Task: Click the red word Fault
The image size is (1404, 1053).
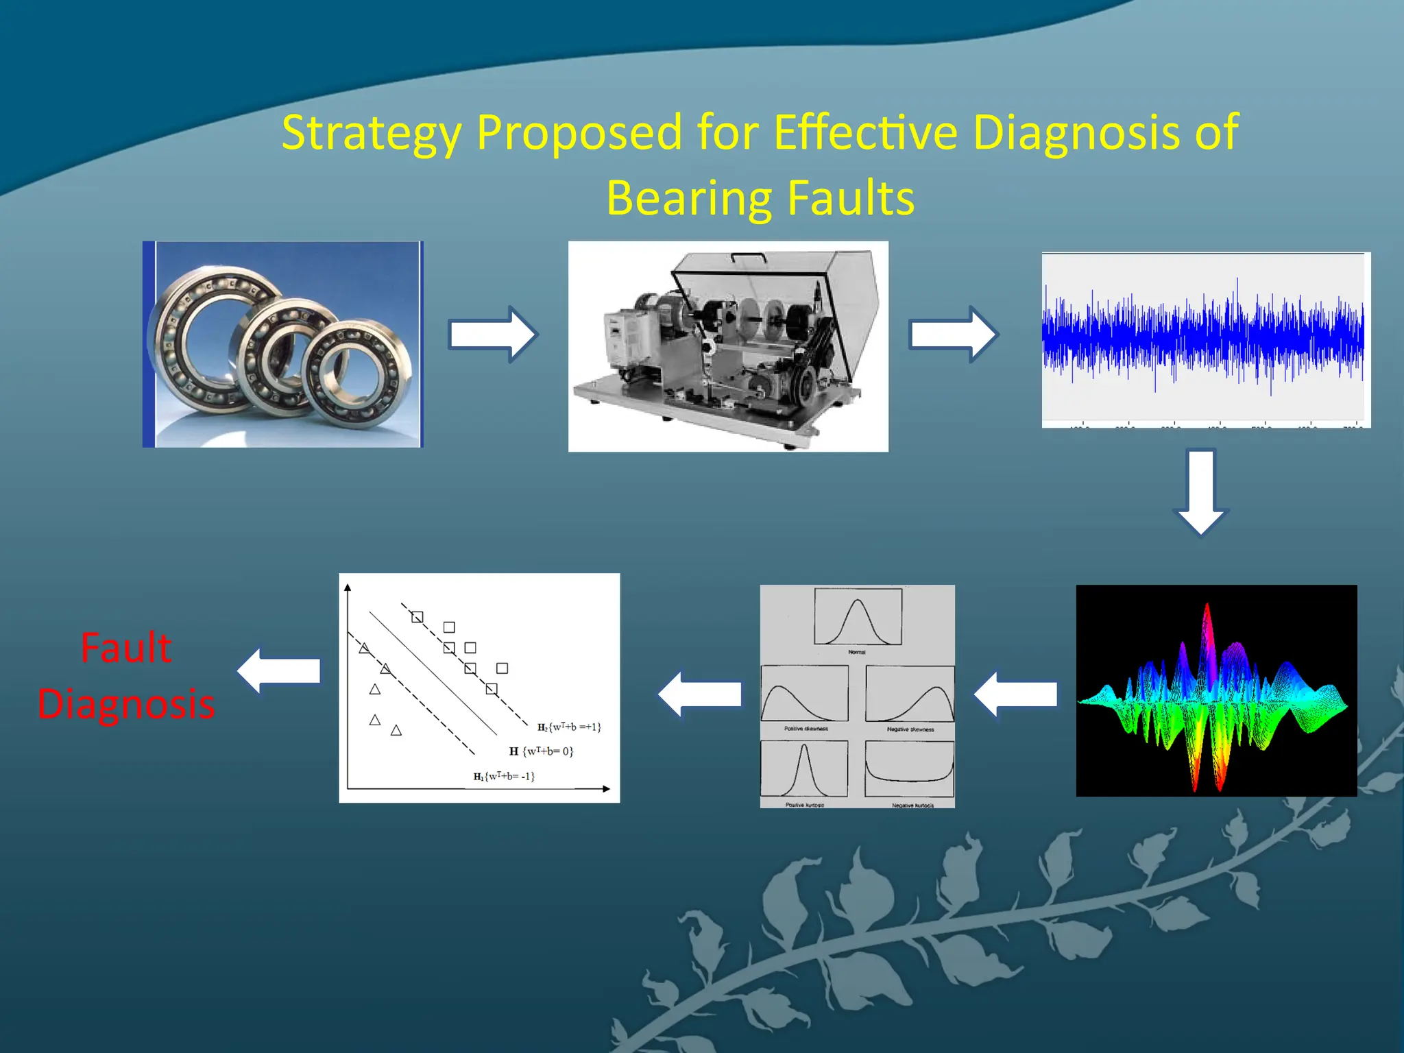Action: [x=125, y=648]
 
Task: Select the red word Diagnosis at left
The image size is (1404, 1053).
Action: [x=126, y=704]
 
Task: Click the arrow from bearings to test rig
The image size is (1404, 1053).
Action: [x=492, y=335]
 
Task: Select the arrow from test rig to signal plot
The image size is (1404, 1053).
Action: [x=953, y=335]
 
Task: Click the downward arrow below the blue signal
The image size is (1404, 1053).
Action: [x=1200, y=492]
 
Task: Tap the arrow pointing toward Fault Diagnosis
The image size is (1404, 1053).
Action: [x=279, y=671]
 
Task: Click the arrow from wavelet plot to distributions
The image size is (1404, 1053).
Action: [x=1015, y=694]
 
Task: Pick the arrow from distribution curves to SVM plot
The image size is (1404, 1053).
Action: [x=700, y=694]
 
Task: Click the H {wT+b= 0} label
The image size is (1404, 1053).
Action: [x=541, y=751]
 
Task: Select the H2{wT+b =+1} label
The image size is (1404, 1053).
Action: [x=569, y=727]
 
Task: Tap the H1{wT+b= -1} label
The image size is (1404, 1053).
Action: [x=504, y=776]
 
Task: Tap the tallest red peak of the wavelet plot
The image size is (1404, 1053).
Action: [x=1207, y=631]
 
